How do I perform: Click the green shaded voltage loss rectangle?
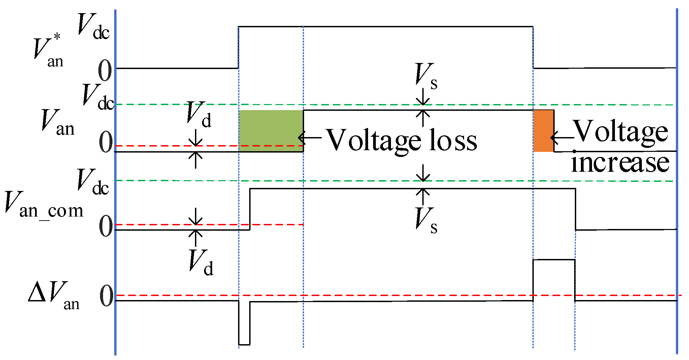[x=271, y=131]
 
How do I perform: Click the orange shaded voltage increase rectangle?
[x=543, y=131]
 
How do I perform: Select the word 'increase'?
[x=620, y=163]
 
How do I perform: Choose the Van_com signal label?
[x=44, y=205]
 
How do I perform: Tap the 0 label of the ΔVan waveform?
[x=106, y=297]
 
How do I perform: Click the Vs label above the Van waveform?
[x=426, y=76]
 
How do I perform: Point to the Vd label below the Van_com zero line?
[x=201, y=263]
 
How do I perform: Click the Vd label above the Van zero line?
[x=199, y=115]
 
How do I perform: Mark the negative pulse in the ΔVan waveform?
[x=244, y=323]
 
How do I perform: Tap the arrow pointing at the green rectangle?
[x=310, y=137]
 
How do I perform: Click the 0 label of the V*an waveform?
[x=105, y=71]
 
